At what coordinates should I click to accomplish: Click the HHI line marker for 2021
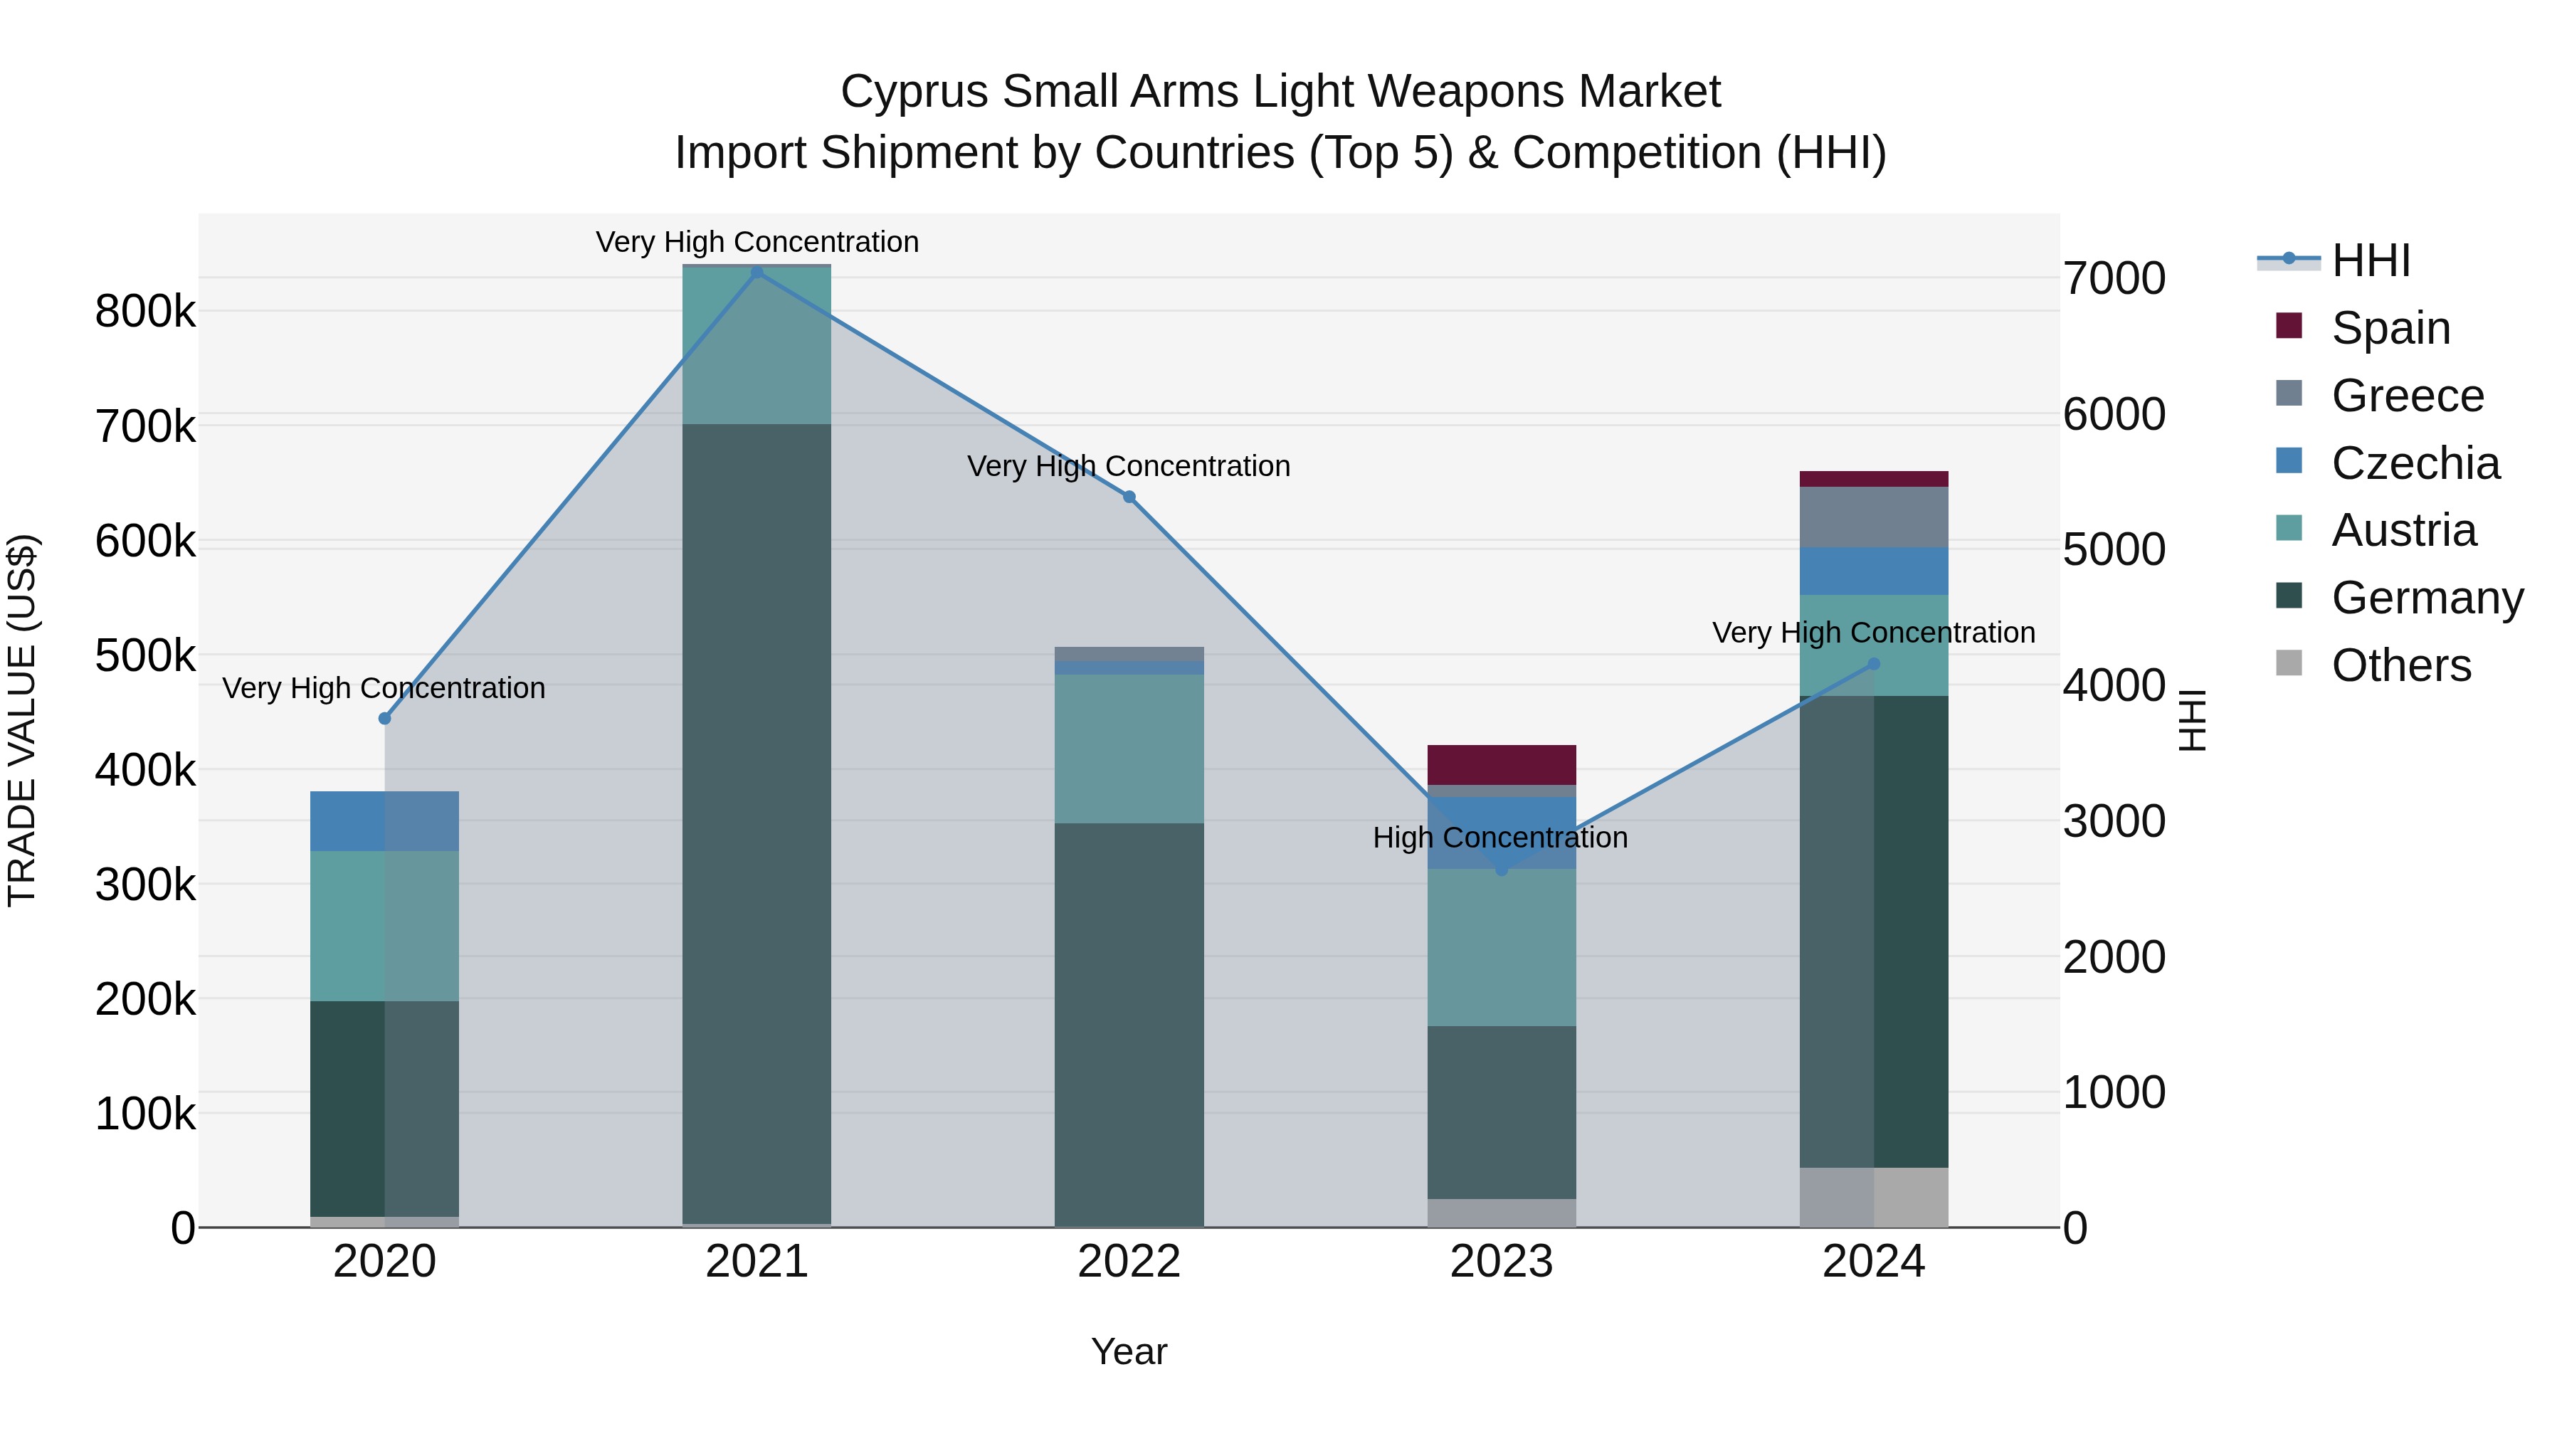pos(757,273)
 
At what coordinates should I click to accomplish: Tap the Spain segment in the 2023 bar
pos(1502,765)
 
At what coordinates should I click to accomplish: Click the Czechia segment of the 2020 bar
pos(385,821)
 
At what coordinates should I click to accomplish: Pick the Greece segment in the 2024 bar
pos(1874,517)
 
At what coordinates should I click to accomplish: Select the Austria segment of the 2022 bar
pos(1129,749)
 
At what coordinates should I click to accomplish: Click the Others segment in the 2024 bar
pos(1874,1198)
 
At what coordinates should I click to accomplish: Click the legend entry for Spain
pos(2390,328)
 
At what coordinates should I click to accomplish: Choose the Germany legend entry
pos(2427,598)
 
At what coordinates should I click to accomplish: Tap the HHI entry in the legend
pos(2370,260)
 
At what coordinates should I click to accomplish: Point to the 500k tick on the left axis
pos(145,656)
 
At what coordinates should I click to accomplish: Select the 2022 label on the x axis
pos(1129,1262)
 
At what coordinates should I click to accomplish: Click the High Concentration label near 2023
pos(1499,838)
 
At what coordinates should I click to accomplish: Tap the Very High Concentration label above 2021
pos(757,242)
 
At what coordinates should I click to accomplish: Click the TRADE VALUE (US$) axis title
pos(23,720)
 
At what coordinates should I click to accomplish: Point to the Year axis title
pos(1129,1351)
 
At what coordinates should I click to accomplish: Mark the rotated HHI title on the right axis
pos(2192,720)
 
